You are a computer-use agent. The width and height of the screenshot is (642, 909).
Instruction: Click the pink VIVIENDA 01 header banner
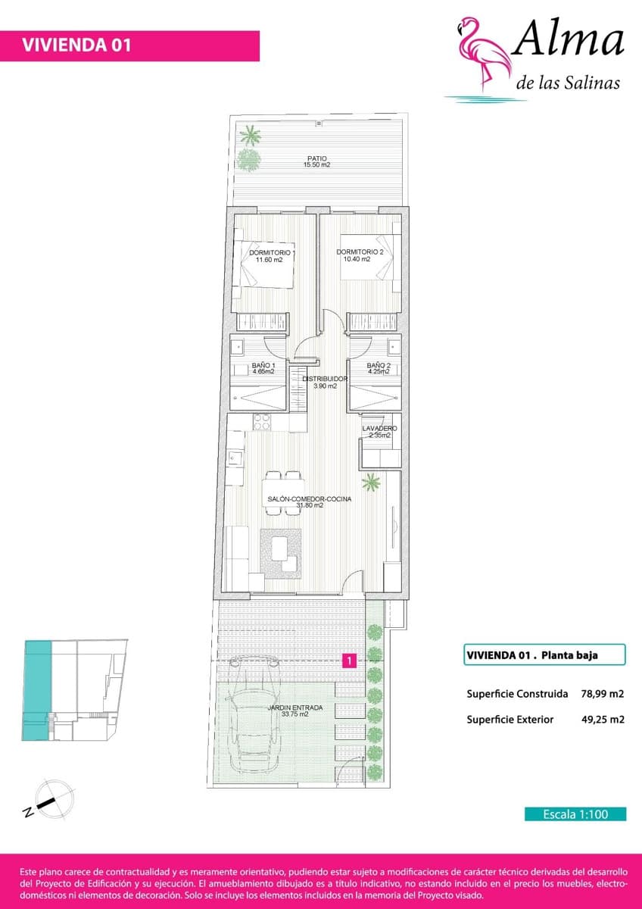point(129,45)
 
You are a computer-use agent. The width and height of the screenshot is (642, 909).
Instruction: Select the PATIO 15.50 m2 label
point(316,161)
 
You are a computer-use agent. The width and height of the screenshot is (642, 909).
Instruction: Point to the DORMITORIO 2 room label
point(360,255)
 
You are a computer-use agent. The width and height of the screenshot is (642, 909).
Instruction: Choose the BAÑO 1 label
point(263,369)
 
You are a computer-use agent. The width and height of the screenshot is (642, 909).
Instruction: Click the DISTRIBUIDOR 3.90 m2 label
point(325,382)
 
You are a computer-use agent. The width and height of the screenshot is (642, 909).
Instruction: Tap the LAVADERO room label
point(379,432)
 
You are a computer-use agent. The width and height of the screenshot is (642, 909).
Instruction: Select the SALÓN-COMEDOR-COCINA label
point(309,502)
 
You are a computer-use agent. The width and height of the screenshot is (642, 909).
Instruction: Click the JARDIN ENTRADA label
point(295,711)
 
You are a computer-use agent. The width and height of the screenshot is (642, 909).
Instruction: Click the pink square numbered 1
point(349,661)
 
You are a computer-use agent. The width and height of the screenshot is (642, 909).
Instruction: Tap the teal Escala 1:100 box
point(575,814)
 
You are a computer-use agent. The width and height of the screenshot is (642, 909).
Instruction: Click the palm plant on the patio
point(249,137)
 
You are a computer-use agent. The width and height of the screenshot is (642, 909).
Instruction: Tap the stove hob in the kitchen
point(262,421)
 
